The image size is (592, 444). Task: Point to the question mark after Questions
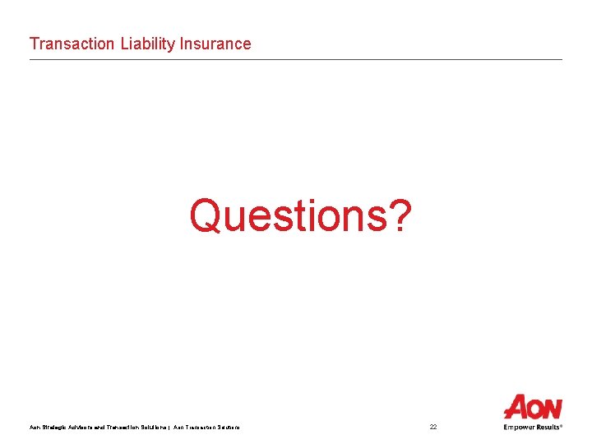[x=398, y=216]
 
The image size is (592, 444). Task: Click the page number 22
[x=433, y=427]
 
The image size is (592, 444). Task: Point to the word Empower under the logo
[x=520, y=427]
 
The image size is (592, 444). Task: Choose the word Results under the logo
[x=548, y=427]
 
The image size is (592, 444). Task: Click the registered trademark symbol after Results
[x=562, y=425]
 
